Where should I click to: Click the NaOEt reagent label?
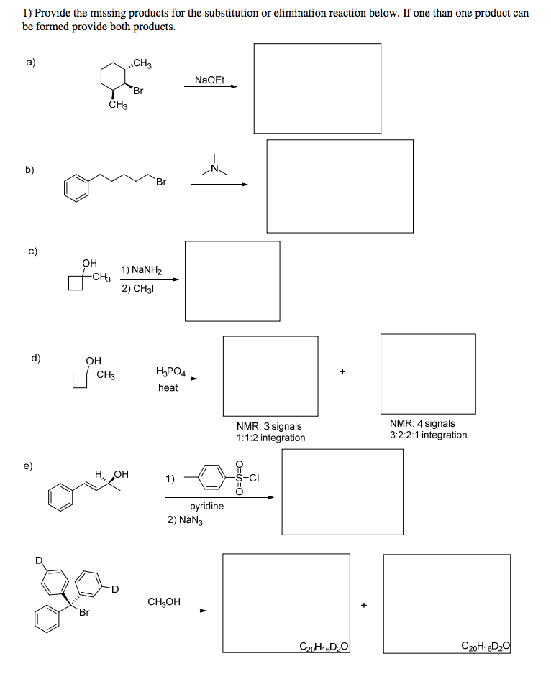click(x=209, y=80)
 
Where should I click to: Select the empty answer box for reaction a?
click(x=317, y=88)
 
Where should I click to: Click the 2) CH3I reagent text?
click(x=138, y=288)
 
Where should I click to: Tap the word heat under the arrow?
click(x=168, y=387)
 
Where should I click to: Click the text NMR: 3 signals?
click(x=269, y=426)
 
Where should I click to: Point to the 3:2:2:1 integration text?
click(x=429, y=435)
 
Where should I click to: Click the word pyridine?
click(x=206, y=506)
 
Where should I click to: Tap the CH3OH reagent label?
click(x=164, y=601)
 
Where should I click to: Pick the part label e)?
click(x=28, y=466)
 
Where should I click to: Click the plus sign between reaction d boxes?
click(x=343, y=371)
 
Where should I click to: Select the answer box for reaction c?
click(x=232, y=281)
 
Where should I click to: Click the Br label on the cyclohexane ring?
click(x=138, y=91)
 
